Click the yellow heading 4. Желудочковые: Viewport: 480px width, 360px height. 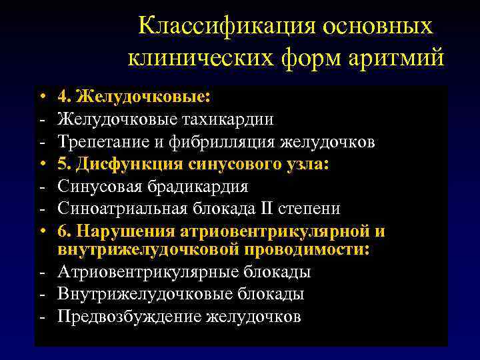134,97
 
